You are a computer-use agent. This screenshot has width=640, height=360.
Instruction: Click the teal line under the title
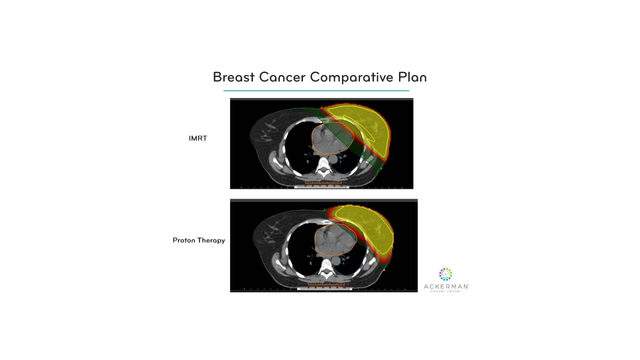316,91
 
